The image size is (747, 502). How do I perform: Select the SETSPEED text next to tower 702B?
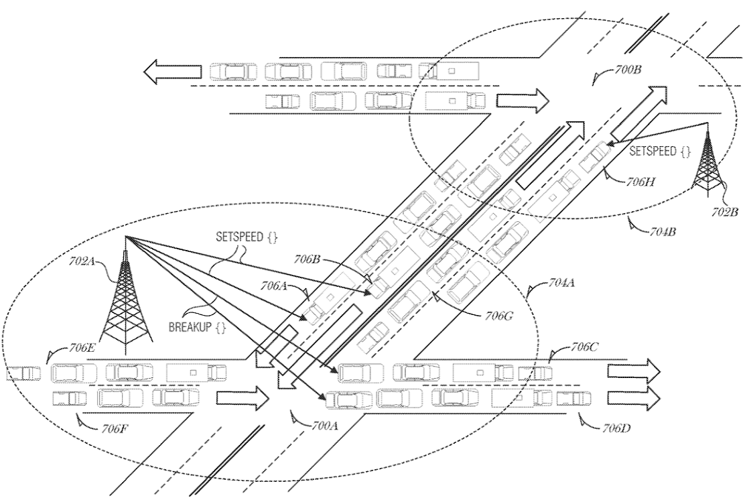(x=657, y=152)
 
